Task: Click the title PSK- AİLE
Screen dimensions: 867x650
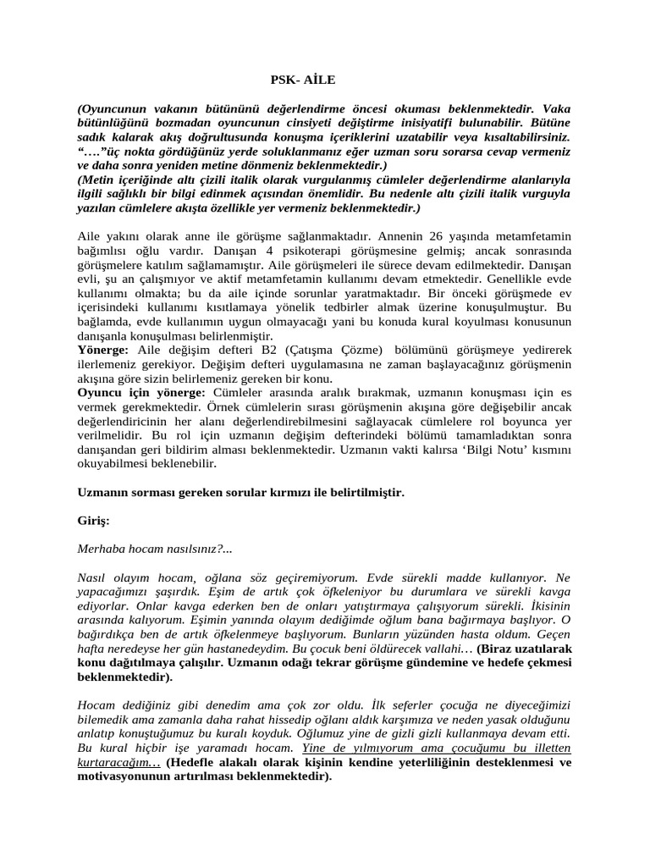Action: click(x=302, y=80)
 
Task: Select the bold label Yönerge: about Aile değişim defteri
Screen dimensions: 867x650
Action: click(x=103, y=349)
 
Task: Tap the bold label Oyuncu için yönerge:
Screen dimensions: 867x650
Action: click(x=141, y=393)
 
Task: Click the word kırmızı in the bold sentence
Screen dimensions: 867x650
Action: click(x=333, y=492)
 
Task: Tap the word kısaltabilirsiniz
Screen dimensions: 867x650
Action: click(x=521, y=135)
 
